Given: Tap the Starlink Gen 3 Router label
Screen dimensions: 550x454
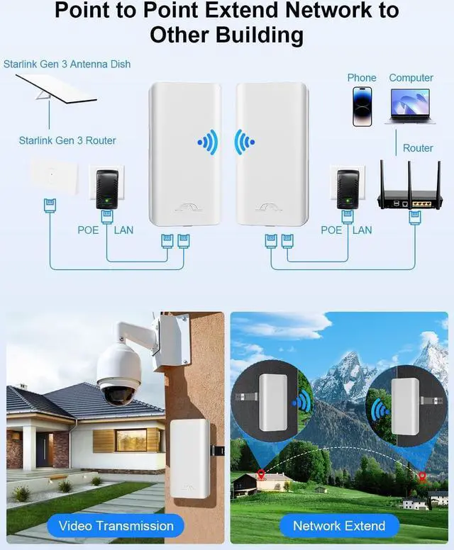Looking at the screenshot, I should click(x=67, y=140).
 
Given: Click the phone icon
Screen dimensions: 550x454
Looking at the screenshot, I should click(x=362, y=107).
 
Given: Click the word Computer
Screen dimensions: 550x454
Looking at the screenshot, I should click(x=411, y=78).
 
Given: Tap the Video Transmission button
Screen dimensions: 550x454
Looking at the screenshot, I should click(x=116, y=526).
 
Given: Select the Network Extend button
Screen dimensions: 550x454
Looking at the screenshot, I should click(x=339, y=526).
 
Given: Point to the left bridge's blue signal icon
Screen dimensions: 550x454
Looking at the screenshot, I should click(x=208, y=143).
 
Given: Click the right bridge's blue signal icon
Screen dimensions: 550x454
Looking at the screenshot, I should click(x=245, y=143).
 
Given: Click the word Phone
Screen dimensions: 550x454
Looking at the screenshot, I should click(x=362, y=78).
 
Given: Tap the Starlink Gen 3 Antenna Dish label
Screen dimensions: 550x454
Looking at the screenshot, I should click(x=67, y=64).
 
